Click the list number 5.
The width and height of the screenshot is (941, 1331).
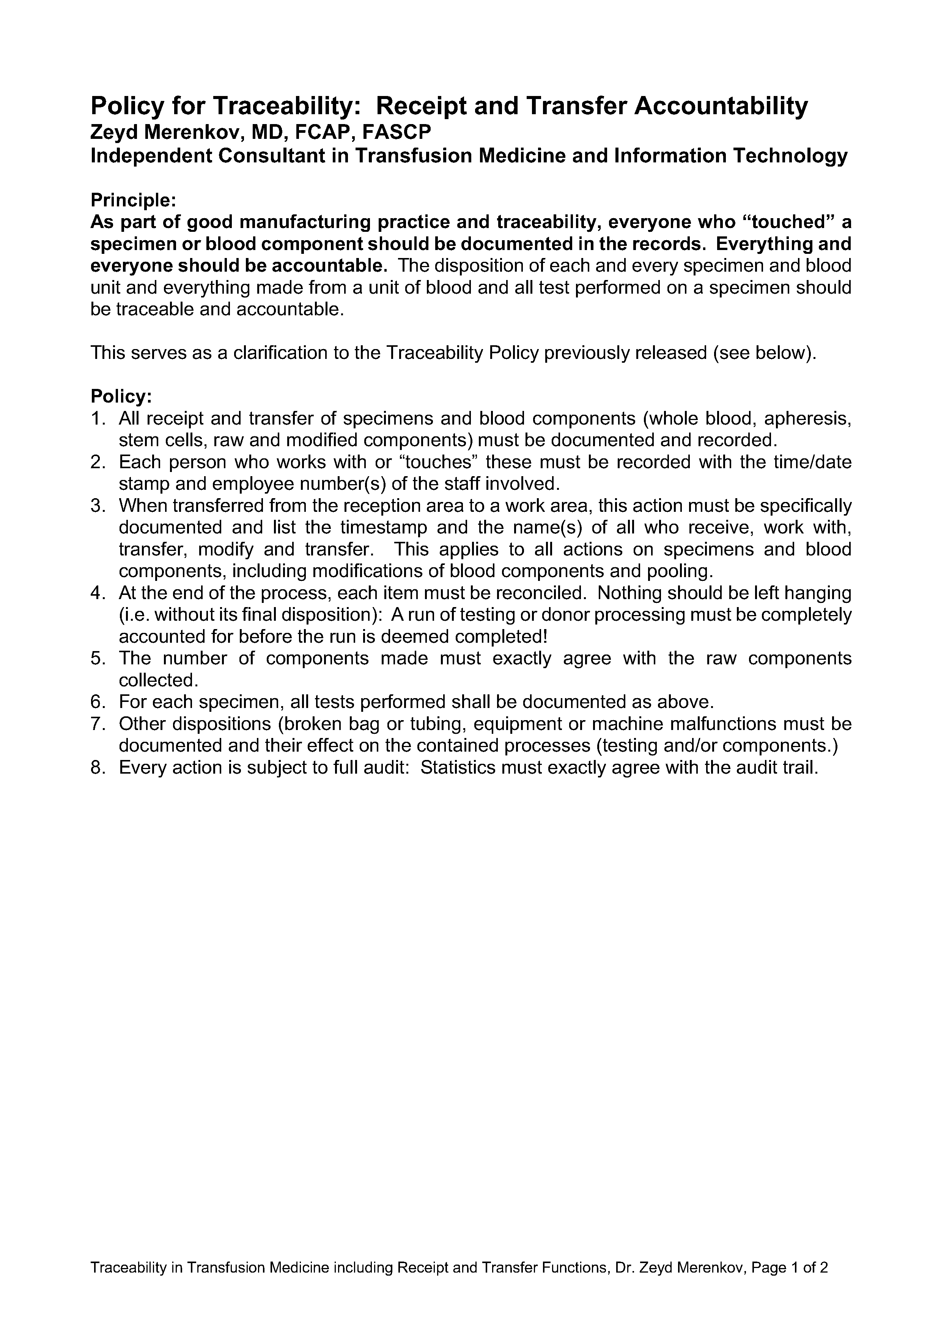pyautogui.click(x=97, y=659)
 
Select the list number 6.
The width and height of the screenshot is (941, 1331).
pyautogui.click(x=97, y=702)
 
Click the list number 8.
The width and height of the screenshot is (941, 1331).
pyautogui.click(x=97, y=768)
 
